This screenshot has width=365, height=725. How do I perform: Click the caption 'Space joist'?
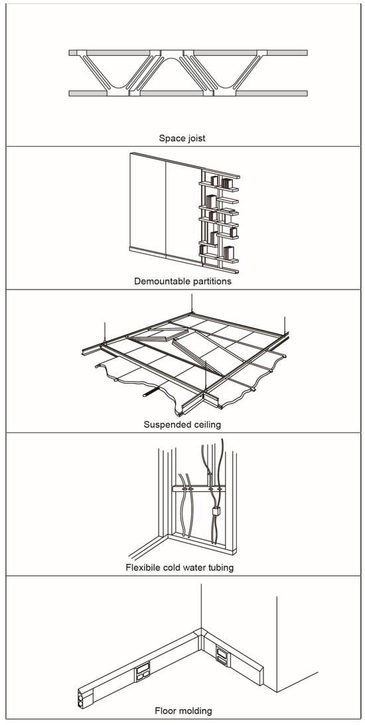click(182, 138)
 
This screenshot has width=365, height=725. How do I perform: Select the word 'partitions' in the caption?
click(208, 281)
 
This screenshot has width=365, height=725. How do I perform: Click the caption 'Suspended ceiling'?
click(182, 424)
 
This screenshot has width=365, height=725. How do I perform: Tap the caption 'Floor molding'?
click(183, 710)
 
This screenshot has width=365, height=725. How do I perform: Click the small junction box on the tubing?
click(215, 513)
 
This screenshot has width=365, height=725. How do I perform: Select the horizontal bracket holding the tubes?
click(198, 488)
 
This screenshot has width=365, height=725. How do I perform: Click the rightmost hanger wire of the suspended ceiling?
click(285, 327)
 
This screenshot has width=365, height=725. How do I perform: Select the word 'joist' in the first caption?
click(195, 138)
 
